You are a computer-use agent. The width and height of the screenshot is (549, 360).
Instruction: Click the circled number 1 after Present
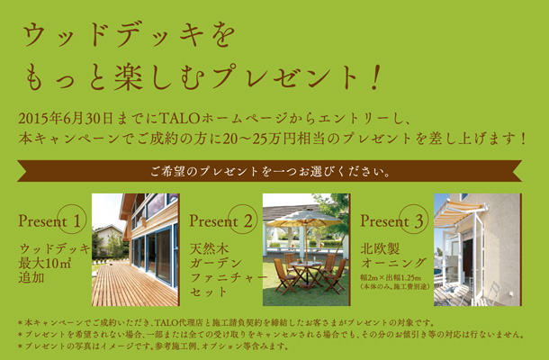click(72, 220)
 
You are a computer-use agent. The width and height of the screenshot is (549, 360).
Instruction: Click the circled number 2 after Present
click(243, 220)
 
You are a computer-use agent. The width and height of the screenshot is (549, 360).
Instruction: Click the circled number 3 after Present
click(414, 220)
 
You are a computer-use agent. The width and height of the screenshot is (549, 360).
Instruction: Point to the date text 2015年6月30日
click(65, 119)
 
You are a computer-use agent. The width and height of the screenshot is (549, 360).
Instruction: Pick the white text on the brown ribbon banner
click(270, 171)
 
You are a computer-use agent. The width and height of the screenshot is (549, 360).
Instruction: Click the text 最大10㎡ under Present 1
click(45, 263)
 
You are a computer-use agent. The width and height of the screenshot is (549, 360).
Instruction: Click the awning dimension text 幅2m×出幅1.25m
click(391, 278)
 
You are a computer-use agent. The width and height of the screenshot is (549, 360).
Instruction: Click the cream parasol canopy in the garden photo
click(304, 218)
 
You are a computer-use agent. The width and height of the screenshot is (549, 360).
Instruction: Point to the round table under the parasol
click(307, 265)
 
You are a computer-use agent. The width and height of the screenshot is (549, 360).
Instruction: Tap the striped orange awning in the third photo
click(459, 211)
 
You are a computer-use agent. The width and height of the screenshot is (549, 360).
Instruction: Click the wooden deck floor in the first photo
click(133, 285)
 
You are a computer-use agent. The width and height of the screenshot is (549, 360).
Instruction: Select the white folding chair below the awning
click(492, 294)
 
